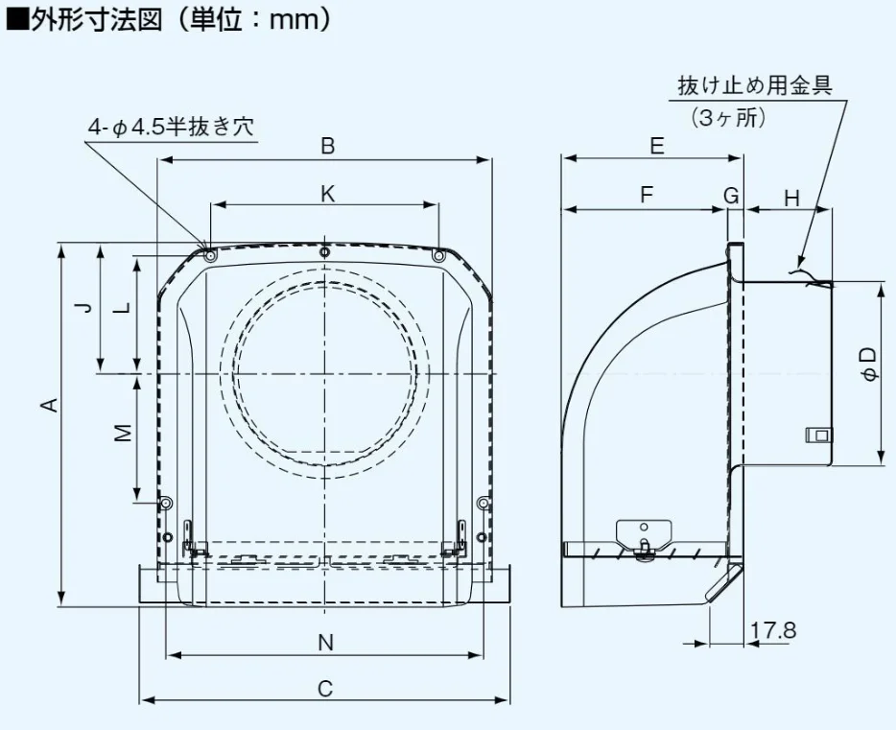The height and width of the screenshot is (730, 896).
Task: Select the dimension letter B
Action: (328, 146)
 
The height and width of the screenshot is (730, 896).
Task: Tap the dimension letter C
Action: (325, 688)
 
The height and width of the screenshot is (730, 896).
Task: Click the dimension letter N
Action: (326, 643)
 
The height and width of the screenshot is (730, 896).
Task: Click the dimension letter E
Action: (656, 146)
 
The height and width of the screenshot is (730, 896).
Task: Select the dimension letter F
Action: (647, 196)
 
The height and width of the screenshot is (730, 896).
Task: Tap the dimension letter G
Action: (732, 196)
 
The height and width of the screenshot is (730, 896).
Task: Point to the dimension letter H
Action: (791, 199)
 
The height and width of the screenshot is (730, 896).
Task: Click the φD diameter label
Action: (868, 365)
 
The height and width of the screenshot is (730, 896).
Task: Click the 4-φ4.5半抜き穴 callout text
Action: (172, 127)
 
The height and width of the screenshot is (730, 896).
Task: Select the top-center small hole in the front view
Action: (325, 252)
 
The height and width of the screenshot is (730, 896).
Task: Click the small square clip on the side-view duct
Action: (818, 434)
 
